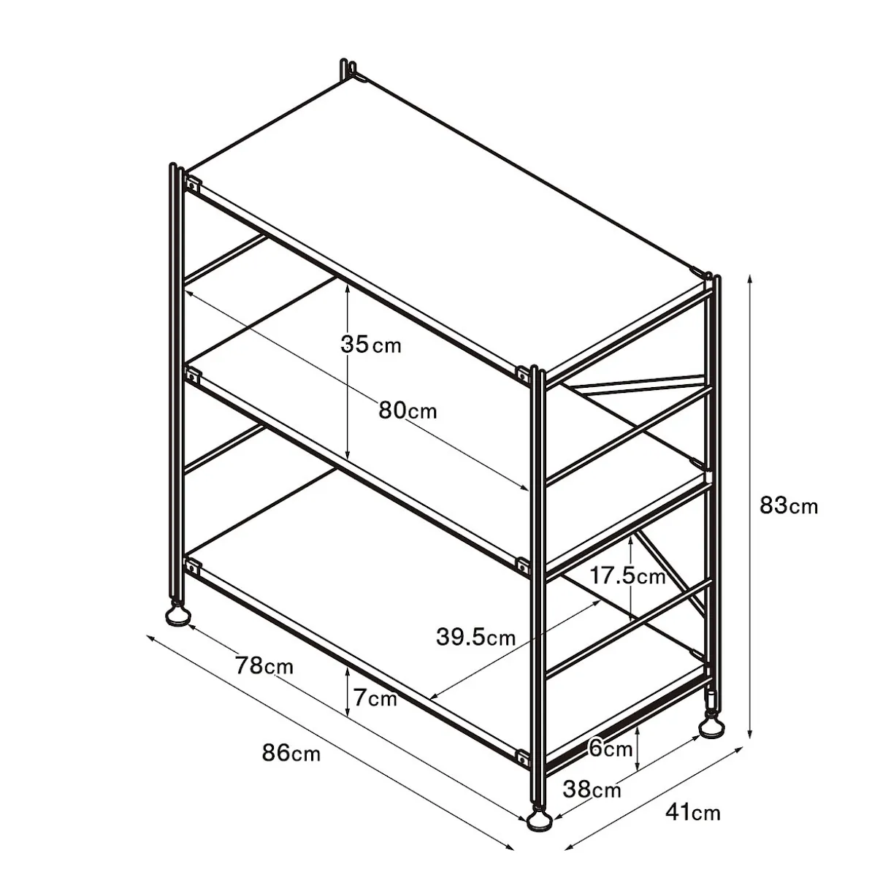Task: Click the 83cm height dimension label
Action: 789,506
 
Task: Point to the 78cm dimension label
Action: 264,666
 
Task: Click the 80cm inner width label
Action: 408,410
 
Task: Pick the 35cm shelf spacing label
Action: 371,345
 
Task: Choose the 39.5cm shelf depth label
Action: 475,637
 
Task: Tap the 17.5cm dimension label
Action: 627,576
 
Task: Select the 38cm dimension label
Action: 592,789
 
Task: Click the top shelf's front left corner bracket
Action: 191,184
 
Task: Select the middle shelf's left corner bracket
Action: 191,375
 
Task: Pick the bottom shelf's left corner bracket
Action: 191,565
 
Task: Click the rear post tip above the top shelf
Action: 348,69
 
